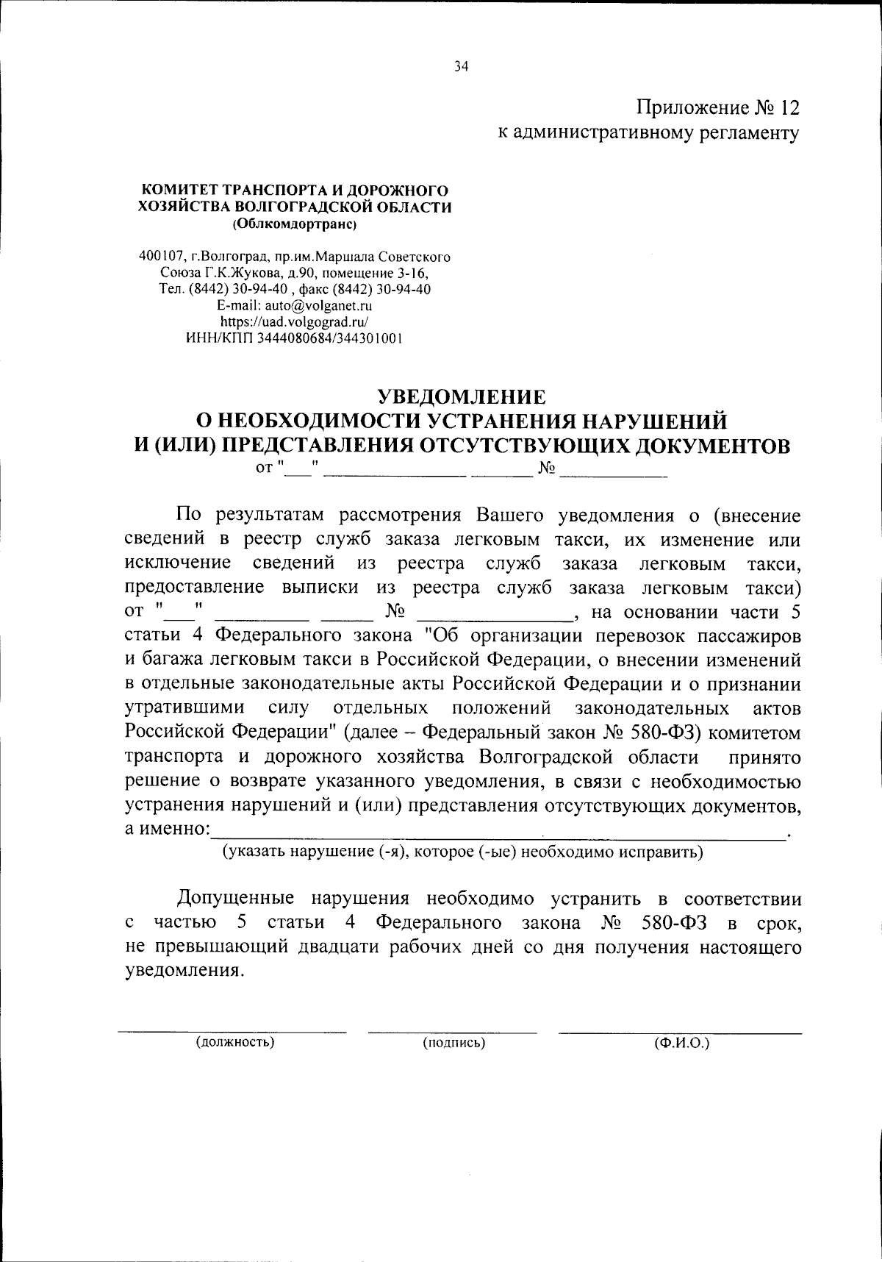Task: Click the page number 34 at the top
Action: pyautogui.click(x=461, y=67)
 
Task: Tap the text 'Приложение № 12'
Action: pyautogui.click(x=717, y=108)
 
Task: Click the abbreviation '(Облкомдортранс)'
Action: pyautogui.click(x=295, y=223)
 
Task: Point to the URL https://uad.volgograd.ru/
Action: pyautogui.click(x=295, y=321)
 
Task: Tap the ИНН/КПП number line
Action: pyautogui.click(x=295, y=338)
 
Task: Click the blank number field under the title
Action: pyautogui.click(x=613, y=468)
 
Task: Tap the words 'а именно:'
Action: pyautogui.click(x=167, y=829)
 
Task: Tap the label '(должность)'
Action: pyautogui.click(x=234, y=1042)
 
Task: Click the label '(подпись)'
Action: pyautogui.click(x=453, y=1042)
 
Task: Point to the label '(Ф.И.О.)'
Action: pyautogui.click(x=681, y=1042)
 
